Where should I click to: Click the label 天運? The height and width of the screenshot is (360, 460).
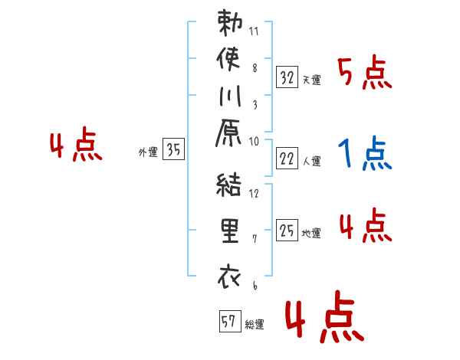[x=312, y=79]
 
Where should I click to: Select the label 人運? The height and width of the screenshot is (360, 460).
[x=312, y=160]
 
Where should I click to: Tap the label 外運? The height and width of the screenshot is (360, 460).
[x=148, y=152]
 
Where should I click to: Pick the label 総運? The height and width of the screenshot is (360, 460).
[x=255, y=325]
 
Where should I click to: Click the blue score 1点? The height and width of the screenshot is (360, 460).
[x=364, y=154]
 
